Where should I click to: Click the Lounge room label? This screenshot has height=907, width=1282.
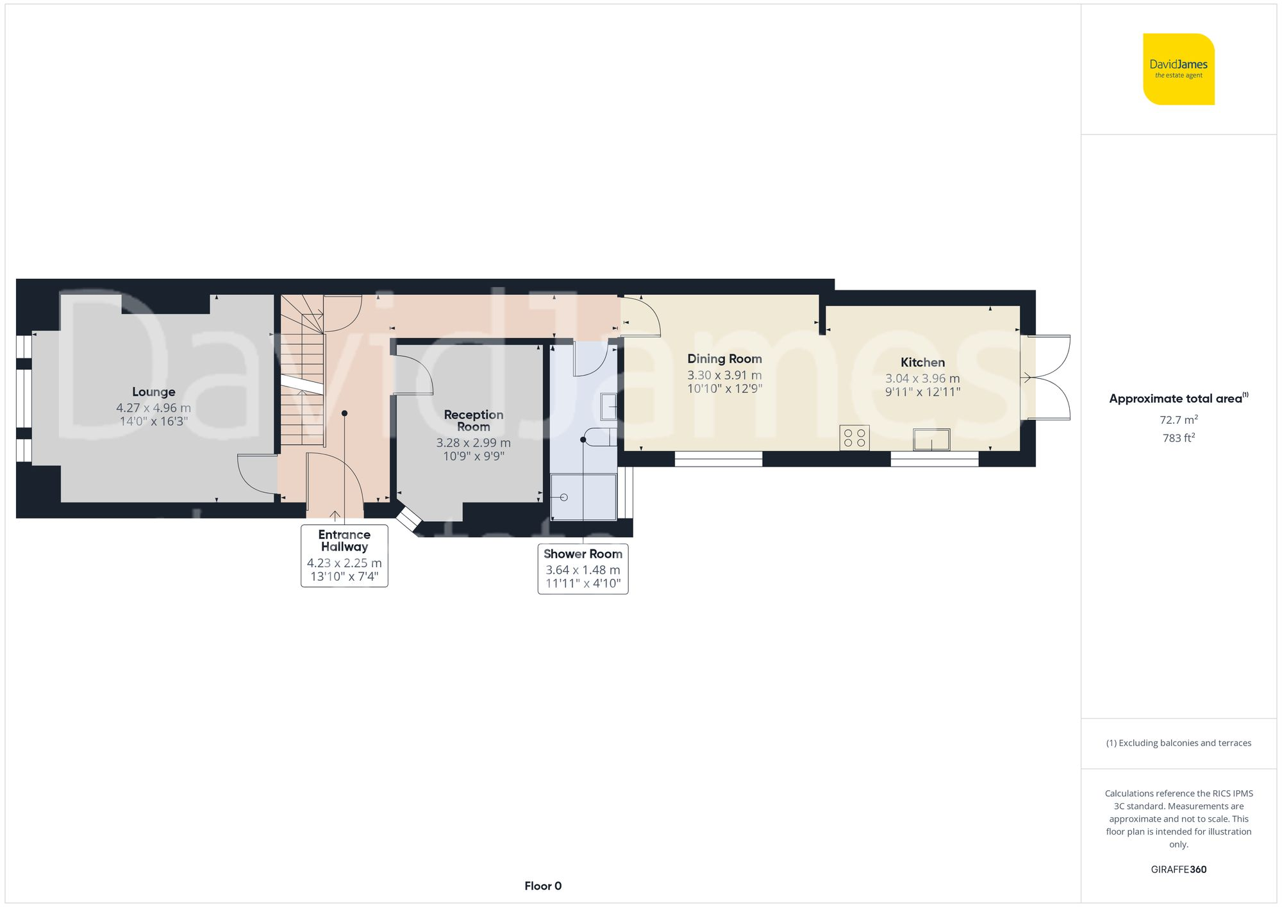point(153,392)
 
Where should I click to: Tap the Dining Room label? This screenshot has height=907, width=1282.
point(724,359)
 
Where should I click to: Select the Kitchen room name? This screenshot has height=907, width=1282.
point(922,362)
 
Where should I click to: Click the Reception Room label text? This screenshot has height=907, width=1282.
point(473,420)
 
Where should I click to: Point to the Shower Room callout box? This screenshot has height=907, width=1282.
point(583,569)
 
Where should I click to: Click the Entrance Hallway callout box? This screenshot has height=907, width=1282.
point(344,555)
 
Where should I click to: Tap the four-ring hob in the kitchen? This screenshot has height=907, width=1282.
point(854,438)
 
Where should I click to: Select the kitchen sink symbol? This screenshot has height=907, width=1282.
point(931,440)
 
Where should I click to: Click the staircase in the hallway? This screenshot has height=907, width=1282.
point(303,372)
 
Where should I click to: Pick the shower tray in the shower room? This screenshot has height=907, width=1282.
point(583,497)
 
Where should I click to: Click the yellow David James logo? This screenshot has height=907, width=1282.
point(1178,69)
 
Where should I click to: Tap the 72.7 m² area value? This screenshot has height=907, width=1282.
point(1178,420)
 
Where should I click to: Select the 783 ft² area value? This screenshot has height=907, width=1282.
point(1178,438)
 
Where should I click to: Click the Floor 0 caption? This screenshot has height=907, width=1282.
point(542,886)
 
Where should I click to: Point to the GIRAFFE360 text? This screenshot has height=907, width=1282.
point(1178,869)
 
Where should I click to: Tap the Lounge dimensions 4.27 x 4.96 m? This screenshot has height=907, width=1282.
point(153,408)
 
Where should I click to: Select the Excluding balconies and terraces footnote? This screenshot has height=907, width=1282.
point(1178,743)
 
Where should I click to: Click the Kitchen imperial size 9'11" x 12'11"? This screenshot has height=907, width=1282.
point(922,392)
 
